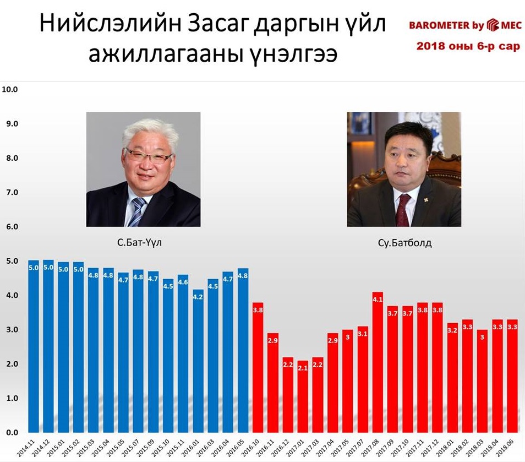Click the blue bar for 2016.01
pyautogui.click(x=198, y=361)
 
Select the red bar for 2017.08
pyautogui.click(x=378, y=362)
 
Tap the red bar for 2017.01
pyautogui.click(x=303, y=396)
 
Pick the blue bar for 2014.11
pyautogui.click(x=34, y=346)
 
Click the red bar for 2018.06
pyautogui.click(x=512, y=376)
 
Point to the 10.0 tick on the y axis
pyautogui.click(x=10, y=89)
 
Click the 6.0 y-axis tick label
pyautogui.click(x=12, y=226)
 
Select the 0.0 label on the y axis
pyautogui.click(x=12, y=432)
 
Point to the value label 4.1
pyautogui.click(x=378, y=299)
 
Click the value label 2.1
pyautogui.click(x=303, y=368)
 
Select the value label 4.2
pyautogui.click(x=198, y=297)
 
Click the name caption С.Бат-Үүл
pyautogui.click(x=139, y=242)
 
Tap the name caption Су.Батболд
pyautogui.click(x=404, y=243)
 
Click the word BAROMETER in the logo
pyautogui.click(x=439, y=25)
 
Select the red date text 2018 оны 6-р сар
pyautogui.click(x=468, y=46)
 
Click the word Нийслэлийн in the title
pyautogui.click(x=111, y=24)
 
